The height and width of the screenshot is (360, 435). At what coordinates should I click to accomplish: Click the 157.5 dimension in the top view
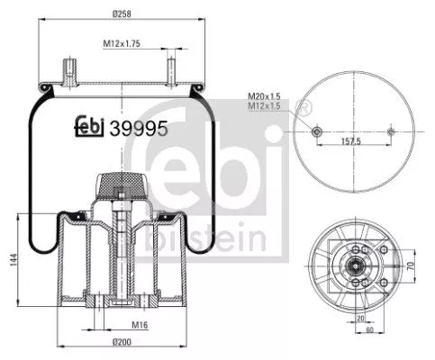(x=351, y=141)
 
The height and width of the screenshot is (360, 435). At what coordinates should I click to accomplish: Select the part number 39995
(x=139, y=128)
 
